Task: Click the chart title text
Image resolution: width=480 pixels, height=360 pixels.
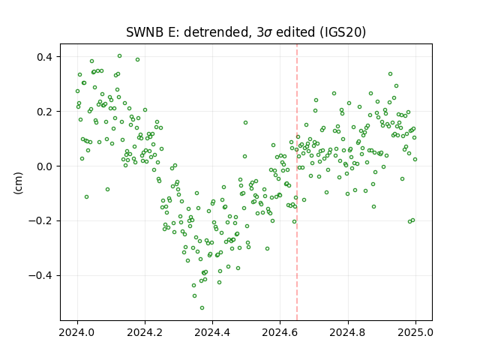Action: (x=246, y=32)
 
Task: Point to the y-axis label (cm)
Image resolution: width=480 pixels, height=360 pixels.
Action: (x=18, y=183)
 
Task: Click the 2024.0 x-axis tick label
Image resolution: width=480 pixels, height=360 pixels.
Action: (x=77, y=332)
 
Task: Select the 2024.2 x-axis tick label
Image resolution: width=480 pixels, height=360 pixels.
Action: (x=145, y=332)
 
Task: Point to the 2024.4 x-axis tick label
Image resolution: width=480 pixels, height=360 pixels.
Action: (x=212, y=332)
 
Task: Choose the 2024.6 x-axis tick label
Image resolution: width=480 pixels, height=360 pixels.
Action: (x=280, y=332)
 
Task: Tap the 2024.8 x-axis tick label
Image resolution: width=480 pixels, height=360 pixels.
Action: (x=348, y=332)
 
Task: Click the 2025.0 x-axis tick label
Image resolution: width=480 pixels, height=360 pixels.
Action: (x=415, y=332)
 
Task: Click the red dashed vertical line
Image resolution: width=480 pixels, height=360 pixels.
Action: (x=297, y=182)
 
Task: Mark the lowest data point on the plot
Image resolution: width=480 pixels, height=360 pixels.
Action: (x=202, y=307)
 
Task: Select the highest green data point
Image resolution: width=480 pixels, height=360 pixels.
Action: (x=120, y=55)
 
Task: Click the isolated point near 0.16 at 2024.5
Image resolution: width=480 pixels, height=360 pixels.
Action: (x=245, y=122)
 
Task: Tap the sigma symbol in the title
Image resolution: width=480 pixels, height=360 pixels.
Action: (x=268, y=33)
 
